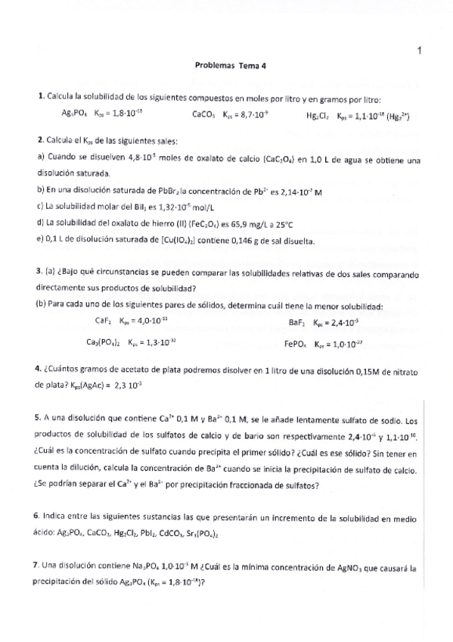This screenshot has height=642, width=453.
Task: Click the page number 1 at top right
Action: (x=419, y=51)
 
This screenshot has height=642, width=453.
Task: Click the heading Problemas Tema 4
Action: (x=226, y=66)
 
